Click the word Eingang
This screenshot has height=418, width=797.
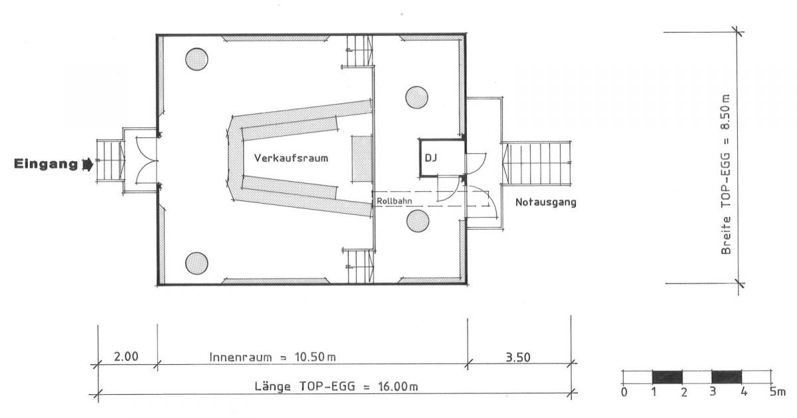46,165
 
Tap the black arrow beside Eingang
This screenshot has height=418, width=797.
88,165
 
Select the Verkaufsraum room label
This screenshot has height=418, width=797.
291,158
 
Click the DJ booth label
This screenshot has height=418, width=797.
431,157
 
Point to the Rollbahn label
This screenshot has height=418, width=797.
395,201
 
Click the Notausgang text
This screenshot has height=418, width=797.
546,202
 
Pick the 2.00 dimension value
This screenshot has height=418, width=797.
126,356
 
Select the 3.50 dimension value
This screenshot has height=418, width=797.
518,357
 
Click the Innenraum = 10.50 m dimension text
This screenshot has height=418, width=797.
272,357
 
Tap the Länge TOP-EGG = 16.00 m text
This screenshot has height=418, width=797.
336,386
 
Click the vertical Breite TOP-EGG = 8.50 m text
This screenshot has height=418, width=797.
726,174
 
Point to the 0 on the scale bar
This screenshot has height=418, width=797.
624,392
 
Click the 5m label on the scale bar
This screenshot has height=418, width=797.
778,392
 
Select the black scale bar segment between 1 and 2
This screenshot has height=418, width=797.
667,377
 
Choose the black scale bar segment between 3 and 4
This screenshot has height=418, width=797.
727,377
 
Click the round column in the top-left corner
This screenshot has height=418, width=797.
197,59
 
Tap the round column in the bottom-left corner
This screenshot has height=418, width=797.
197,263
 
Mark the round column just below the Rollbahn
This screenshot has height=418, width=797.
418,221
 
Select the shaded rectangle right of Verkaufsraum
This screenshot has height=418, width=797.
362,159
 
